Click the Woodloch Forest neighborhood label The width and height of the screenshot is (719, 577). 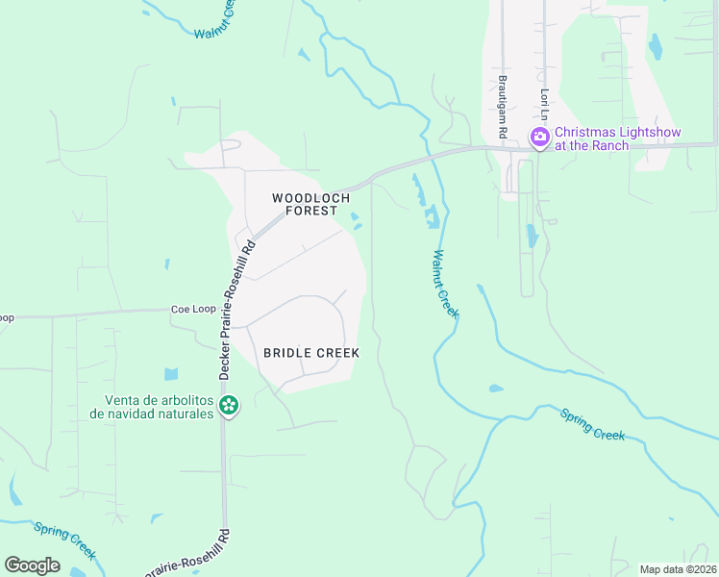[x=304, y=204]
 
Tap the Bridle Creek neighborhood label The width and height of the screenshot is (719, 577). [x=311, y=353]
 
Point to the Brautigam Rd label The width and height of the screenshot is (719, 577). [x=502, y=105]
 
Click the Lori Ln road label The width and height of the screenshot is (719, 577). [x=544, y=105]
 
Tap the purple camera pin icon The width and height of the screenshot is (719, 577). [x=540, y=138]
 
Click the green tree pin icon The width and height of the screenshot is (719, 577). [x=229, y=406]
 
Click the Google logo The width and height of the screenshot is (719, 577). [x=32, y=564]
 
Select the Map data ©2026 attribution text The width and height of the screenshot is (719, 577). [x=678, y=569]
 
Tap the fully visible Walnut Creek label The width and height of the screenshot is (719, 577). [x=445, y=285]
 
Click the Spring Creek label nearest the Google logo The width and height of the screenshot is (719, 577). [x=65, y=539]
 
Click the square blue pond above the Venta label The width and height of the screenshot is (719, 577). [x=171, y=374]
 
